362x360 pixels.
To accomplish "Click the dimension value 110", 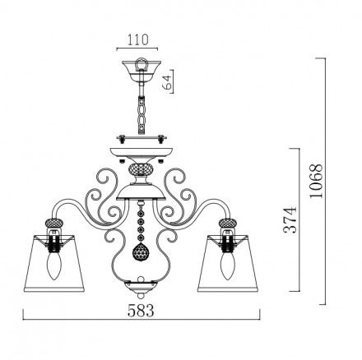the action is (137, 39).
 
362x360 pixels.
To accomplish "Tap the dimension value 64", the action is (167, 81).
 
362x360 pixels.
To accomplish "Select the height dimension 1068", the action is (316, 181).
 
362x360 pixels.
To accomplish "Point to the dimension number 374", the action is (290, 220).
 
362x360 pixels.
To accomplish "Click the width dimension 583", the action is (141, 311).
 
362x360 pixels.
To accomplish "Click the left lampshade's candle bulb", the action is (53, 265).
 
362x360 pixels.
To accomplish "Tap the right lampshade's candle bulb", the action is (228, 265).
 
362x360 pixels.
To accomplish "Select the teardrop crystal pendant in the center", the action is (141, 251).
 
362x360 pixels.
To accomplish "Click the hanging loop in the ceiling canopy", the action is (142, 64).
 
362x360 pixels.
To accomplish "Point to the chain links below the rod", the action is (142, 115).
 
